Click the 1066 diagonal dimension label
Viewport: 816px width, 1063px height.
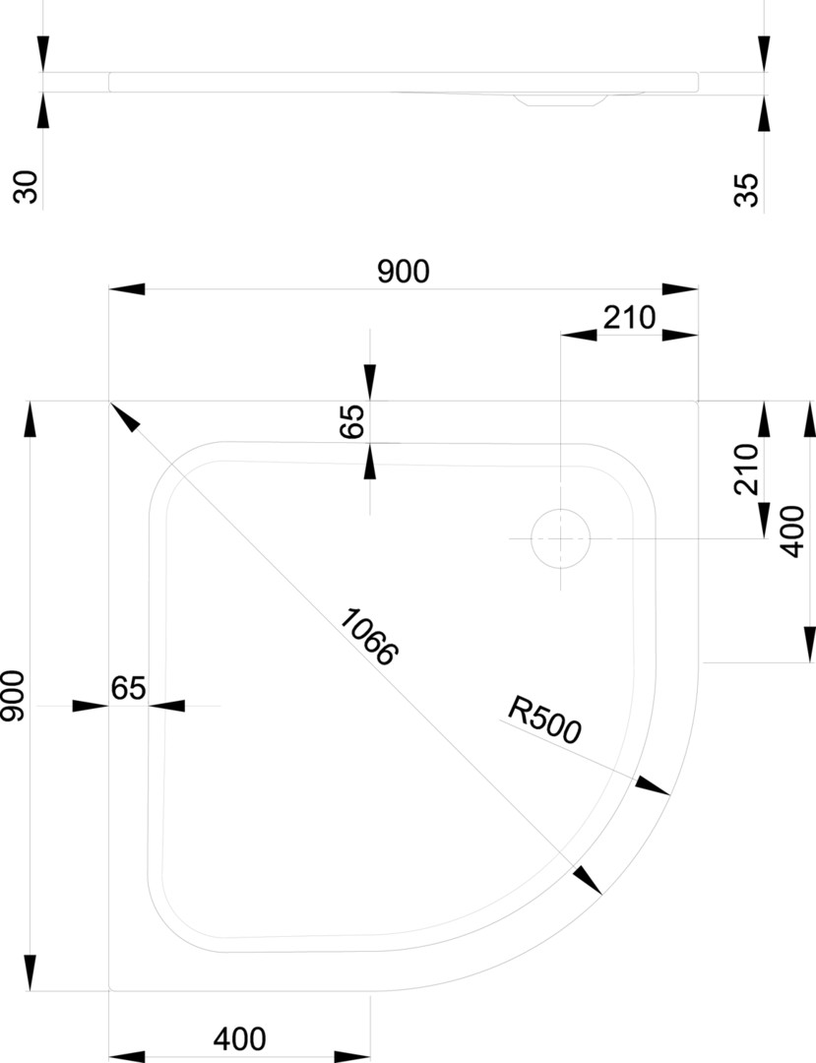tap(368, 637)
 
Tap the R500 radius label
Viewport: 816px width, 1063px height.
tap(545, 719)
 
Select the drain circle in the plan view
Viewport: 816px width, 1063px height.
tap(560, 539)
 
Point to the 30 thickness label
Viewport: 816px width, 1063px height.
tap(29, 186)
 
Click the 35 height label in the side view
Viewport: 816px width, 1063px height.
tap(747, 189)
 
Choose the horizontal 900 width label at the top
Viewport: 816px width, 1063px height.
tap(404, 272)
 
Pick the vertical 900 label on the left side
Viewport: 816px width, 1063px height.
tap(13, 696)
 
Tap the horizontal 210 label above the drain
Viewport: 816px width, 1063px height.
tap(628, 317)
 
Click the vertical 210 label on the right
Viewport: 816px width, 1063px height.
tap(747, 469)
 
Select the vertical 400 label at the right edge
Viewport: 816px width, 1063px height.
tap(793, 532)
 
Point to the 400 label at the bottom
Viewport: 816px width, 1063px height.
tap(239, 1038)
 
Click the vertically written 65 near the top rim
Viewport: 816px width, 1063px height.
tap(352, 420)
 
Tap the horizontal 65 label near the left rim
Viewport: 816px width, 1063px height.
tap(128, 688)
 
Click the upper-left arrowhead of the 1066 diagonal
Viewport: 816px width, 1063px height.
tap(124, 417)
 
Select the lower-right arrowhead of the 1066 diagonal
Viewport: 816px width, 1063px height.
tap(587, 879)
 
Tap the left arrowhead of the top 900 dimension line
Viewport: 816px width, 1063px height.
tap(126, 289)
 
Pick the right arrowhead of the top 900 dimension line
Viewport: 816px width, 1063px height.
tap(680, 289)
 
